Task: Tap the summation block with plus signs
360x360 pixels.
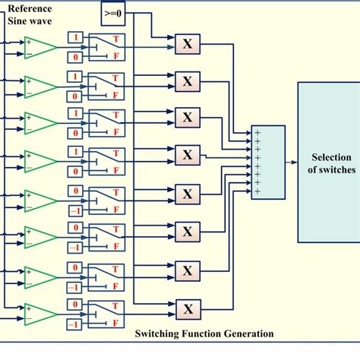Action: (x=267, y=163)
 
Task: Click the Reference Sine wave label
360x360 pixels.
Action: (x=30, y=14)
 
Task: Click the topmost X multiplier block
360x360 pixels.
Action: (x=187, y=45)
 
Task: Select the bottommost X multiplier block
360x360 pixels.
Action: (x=187, y=308)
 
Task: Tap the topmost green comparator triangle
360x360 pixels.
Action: (x=39, y=49)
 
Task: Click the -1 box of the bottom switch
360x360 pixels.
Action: (x=74, y=325)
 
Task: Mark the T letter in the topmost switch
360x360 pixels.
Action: (x=115, y=39)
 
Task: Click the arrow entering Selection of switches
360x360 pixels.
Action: (x=292, y=162)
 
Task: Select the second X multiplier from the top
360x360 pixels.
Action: (x=187, y=81)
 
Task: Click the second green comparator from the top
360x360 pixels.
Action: (x=39, y=86)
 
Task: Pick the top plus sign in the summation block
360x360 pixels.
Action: (x=257, y=134)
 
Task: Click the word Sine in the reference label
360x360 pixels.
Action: (x=20, y=21)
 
